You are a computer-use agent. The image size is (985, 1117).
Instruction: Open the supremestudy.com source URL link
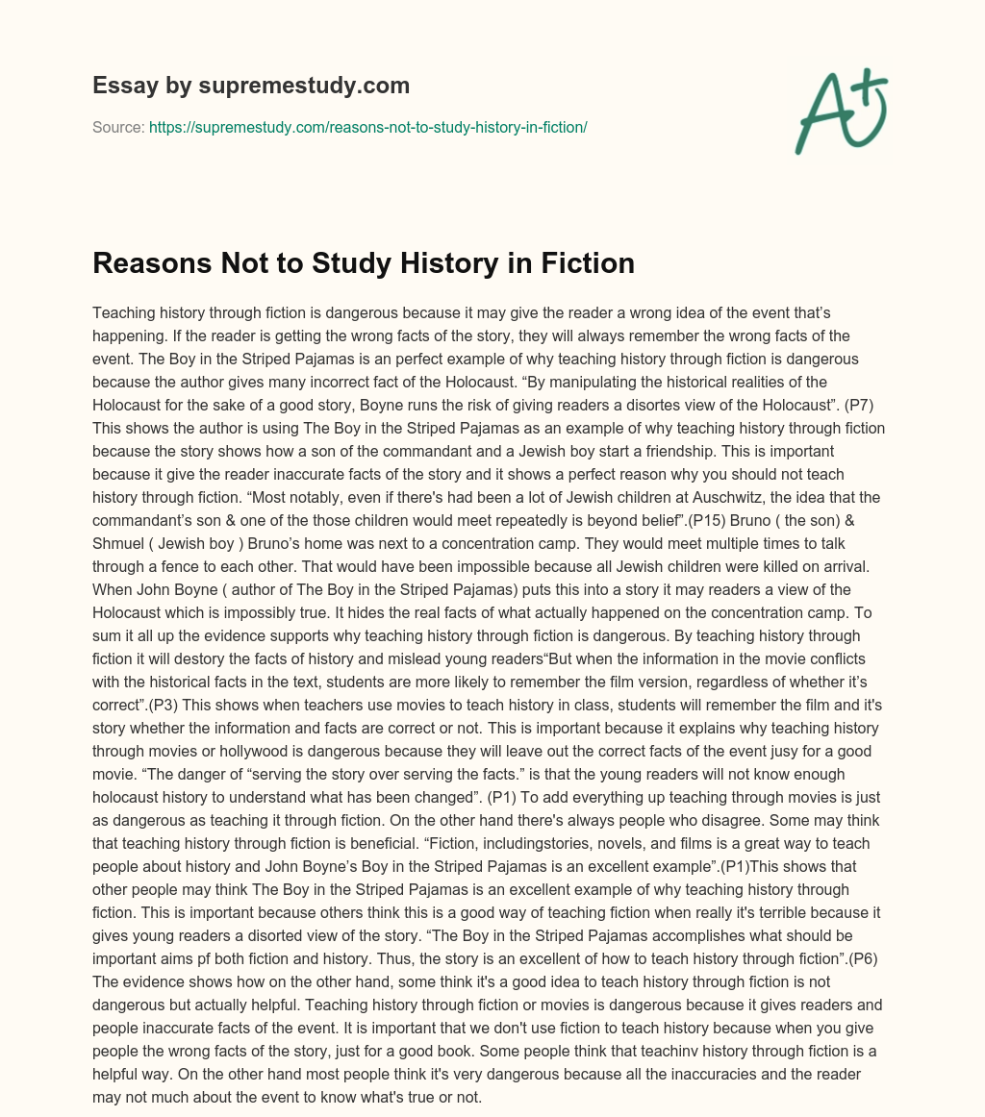click(x=367, y=127)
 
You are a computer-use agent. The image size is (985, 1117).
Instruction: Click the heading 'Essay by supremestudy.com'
click(x=251, y=86)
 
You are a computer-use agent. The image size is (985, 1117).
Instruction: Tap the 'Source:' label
click(x=118, y=127)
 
